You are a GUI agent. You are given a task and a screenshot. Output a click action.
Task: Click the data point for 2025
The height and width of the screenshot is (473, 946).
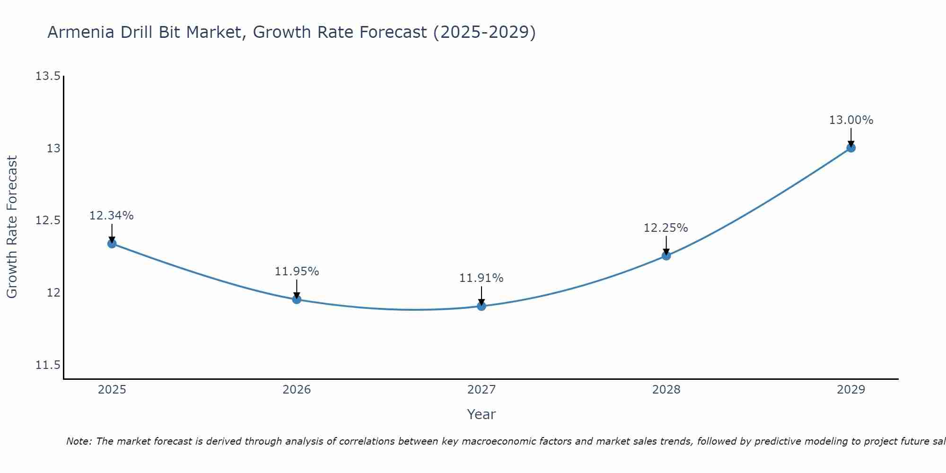tap(112, 244)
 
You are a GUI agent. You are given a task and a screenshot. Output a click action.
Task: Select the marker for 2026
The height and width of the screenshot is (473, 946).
tap(297, 299)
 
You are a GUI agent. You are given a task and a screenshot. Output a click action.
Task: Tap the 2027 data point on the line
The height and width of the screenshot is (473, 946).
tap(482, 306)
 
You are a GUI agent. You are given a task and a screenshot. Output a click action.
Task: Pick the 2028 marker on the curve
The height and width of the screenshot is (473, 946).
tap(666, 256)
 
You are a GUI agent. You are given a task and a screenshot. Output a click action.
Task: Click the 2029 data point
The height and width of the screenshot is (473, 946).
tap(851, 148)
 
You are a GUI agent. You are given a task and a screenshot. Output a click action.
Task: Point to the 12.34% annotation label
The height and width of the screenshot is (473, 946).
tap(112, 216)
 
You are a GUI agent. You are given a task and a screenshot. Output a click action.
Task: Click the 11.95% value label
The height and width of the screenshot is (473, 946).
tap(297, 272)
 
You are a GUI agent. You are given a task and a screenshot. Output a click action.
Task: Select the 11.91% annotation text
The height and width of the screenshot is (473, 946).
tap(481, 278)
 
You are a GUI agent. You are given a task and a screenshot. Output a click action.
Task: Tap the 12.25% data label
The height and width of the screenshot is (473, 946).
tap(666, 228)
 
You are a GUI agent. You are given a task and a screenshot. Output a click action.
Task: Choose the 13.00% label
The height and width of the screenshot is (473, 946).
tap(851, 120)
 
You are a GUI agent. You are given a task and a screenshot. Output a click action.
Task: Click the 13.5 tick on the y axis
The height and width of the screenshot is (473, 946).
tap(48, 76)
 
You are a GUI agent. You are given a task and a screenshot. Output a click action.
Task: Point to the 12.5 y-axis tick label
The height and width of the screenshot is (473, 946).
tap(48, 221)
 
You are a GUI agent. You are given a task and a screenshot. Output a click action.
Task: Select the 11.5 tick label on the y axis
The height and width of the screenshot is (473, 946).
tap(48, 365)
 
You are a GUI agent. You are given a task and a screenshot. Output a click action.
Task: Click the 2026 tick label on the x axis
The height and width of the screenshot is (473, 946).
tap(297, 390)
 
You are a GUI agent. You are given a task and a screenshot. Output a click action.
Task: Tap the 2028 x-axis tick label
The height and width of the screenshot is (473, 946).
tap(666, 390)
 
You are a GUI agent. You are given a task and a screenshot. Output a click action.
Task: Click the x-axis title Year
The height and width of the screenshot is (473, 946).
tap(481, 414)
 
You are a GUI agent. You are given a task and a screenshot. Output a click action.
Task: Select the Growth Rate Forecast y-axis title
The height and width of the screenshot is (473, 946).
tap(12, 227)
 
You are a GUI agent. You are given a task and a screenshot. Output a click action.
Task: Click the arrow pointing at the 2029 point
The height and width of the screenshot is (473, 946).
tap(851, 138)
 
